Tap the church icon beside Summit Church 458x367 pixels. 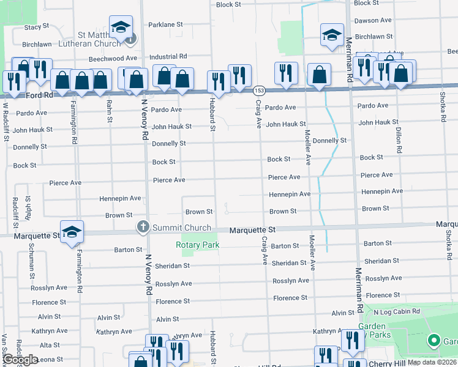click(143, 228)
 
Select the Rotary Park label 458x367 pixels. click(197, 245)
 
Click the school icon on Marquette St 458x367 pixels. click(72, 232)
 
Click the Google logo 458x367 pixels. click(20, 360)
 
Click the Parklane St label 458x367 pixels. click(166, 25)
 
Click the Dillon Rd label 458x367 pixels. click(399, 141)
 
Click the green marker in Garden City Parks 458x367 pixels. click(434, 340)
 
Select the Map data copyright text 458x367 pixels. click(432, 362)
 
